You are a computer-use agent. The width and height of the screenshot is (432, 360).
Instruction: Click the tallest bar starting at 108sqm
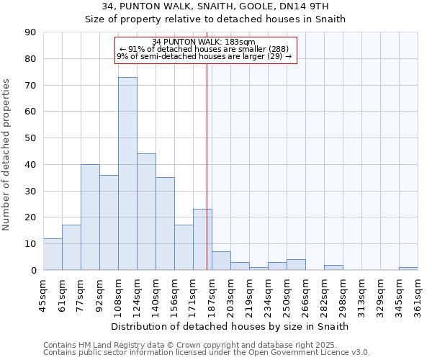click(x=127, y=174)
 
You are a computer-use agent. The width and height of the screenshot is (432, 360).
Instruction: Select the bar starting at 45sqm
click(x=53, y=254)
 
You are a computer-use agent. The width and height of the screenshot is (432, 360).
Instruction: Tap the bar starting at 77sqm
click(x=90, y=217)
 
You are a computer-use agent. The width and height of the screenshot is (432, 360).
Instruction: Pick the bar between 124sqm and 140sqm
click(x=146, y=212)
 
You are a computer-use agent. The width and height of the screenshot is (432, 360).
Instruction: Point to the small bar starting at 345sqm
click(x=408, y=269)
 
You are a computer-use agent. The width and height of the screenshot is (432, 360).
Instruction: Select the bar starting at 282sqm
click(x=333, y=267)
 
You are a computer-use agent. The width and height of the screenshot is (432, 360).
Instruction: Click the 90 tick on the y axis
click(x=30, y=32)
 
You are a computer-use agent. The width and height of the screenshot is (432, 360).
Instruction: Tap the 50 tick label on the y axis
click(x=30, y=138)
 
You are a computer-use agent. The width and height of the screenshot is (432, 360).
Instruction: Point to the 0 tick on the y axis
click(x=33, y=270)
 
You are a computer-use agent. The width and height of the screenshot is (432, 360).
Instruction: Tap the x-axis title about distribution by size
click(x=230, y=326)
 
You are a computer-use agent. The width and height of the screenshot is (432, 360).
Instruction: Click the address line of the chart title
click(x=215, y=6)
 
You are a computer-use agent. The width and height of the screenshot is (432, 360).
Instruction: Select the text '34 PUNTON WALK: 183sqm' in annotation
click(x=204, y=42)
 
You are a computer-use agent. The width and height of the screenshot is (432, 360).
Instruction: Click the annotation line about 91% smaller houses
click(x=204, y=49)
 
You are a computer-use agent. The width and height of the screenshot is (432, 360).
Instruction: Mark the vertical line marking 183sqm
click(x=207, y=166)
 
